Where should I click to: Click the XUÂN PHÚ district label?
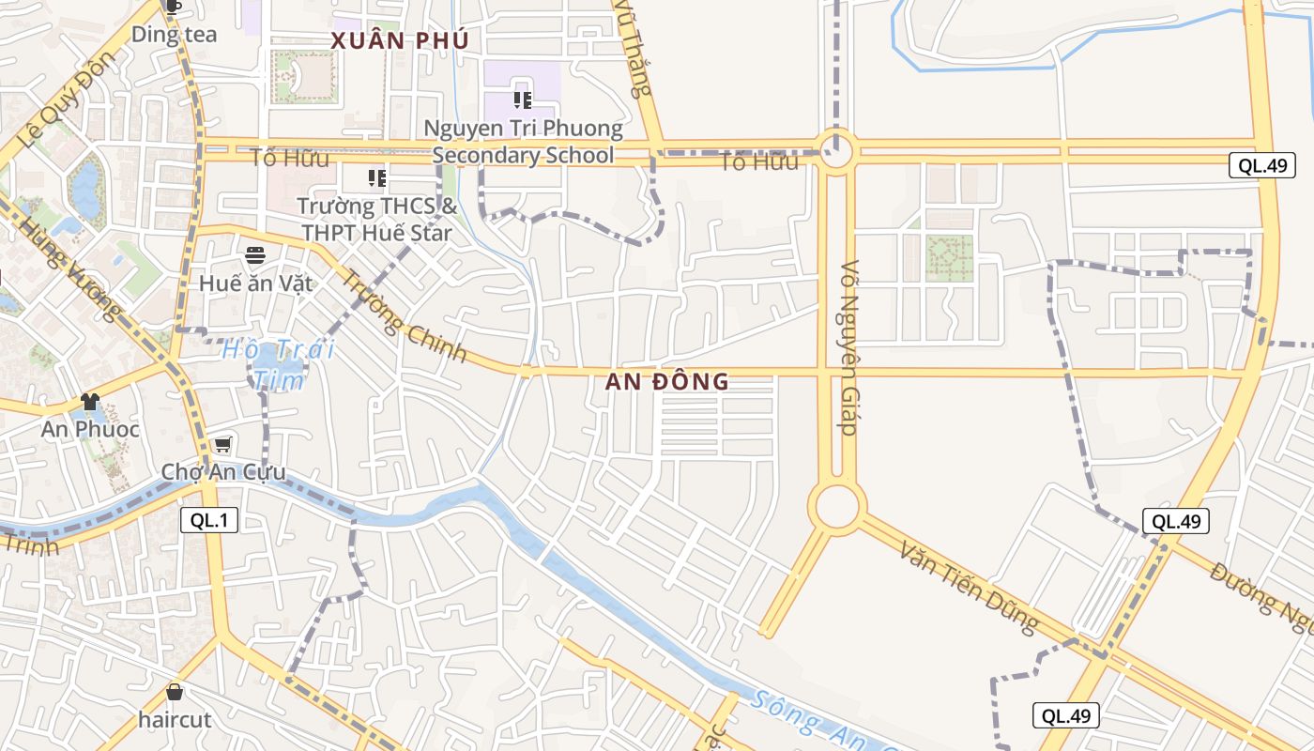coord(399,40)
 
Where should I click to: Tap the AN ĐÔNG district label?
coord(666,381)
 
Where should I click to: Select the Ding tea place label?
coord(174,35)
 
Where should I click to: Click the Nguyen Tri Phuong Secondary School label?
coord(523,141)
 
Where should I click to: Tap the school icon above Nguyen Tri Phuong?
coord(523,100)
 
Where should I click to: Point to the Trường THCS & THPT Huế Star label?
coord(376,219)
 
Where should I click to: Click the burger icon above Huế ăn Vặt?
coord(255,254)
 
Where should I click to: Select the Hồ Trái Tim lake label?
coord(279,364)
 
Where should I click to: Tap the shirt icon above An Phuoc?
coord(90,402)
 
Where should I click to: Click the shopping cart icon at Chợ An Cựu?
coord(222,444)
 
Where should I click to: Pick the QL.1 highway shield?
coord(209,520)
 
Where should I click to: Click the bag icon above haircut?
coord(175,693)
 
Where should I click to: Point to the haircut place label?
coord(175,720)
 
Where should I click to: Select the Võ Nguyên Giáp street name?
coord(849,347)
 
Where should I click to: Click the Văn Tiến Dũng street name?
coord(969,587)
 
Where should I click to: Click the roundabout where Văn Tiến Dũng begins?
coord(837,506)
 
